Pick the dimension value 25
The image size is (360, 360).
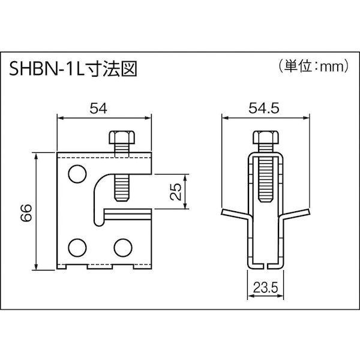point(174,193)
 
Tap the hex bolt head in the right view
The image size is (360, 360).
point(265,139)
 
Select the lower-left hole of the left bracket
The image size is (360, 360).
point(76,245)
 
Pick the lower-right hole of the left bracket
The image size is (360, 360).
point(122,245)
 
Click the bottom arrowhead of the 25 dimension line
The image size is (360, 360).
point(185,208)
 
